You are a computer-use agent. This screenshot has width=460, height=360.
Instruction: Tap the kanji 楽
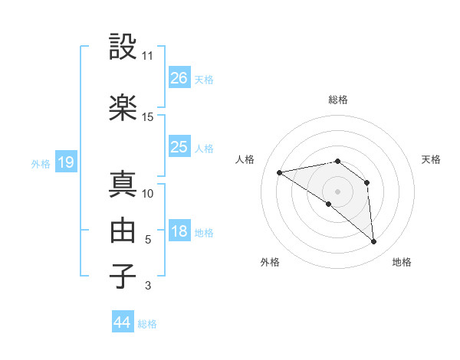(x=123, y=108)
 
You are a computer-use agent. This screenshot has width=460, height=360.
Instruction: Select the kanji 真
(x=123, y=184)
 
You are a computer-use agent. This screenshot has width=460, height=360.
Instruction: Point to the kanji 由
(x=123, y=231)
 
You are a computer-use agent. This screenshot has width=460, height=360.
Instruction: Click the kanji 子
(x=123, y=277)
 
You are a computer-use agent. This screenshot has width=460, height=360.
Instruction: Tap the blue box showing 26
(x=179, y=78)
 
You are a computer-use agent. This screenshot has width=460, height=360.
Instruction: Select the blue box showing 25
(x=179, y=147)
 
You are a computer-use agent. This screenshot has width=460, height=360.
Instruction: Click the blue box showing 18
(x=179, y=231)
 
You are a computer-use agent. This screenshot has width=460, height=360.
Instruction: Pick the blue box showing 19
(x=65, y=162)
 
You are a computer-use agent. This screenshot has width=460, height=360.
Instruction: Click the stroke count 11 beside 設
(x=148, y=56)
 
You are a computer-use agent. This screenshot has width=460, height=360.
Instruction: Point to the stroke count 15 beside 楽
(x=148, y=117)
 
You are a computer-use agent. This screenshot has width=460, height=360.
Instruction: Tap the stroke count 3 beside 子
(x=148, y=286)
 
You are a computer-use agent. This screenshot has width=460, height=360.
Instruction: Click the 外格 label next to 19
(x=41, y=163)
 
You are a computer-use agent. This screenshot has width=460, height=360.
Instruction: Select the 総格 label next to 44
(x=147, y=324)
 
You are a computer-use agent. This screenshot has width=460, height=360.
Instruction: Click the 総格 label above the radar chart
(x=337, y=100)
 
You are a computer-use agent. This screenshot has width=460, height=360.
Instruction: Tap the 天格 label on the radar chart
(x=431, y=159)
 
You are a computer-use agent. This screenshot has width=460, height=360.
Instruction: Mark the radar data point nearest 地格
(x=373, y=242)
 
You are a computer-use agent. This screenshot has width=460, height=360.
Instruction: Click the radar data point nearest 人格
(x=280, y=172)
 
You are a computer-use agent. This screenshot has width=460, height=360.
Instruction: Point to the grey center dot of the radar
(x=337, y=191)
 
